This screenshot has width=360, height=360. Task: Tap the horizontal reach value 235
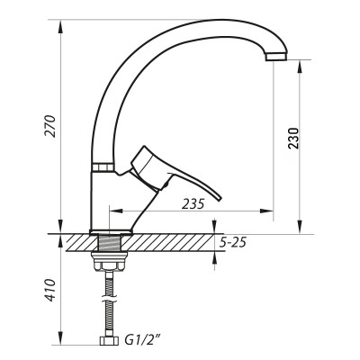193,203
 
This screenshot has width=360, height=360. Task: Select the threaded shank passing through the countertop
109,243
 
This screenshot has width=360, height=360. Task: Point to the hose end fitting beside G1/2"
109,342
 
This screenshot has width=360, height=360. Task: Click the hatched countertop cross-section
171,242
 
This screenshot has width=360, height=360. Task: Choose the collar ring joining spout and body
102,166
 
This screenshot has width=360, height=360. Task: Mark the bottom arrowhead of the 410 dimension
61,342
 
